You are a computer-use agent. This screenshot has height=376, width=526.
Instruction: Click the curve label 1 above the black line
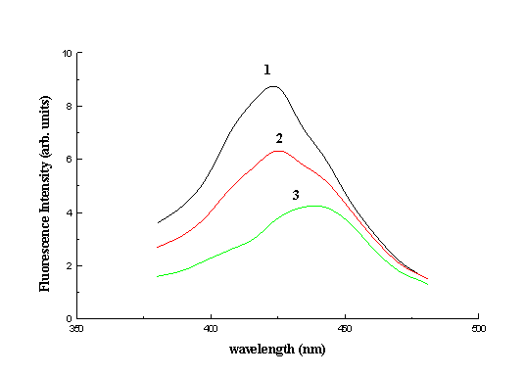point(266,70)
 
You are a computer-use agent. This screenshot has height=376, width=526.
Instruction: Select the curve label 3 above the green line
point(295,195)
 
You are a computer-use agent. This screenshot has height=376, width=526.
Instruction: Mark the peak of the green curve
point(313,206)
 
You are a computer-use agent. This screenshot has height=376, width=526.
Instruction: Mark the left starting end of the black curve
point(158,223)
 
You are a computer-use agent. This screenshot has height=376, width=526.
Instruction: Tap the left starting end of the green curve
point(158,276)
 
